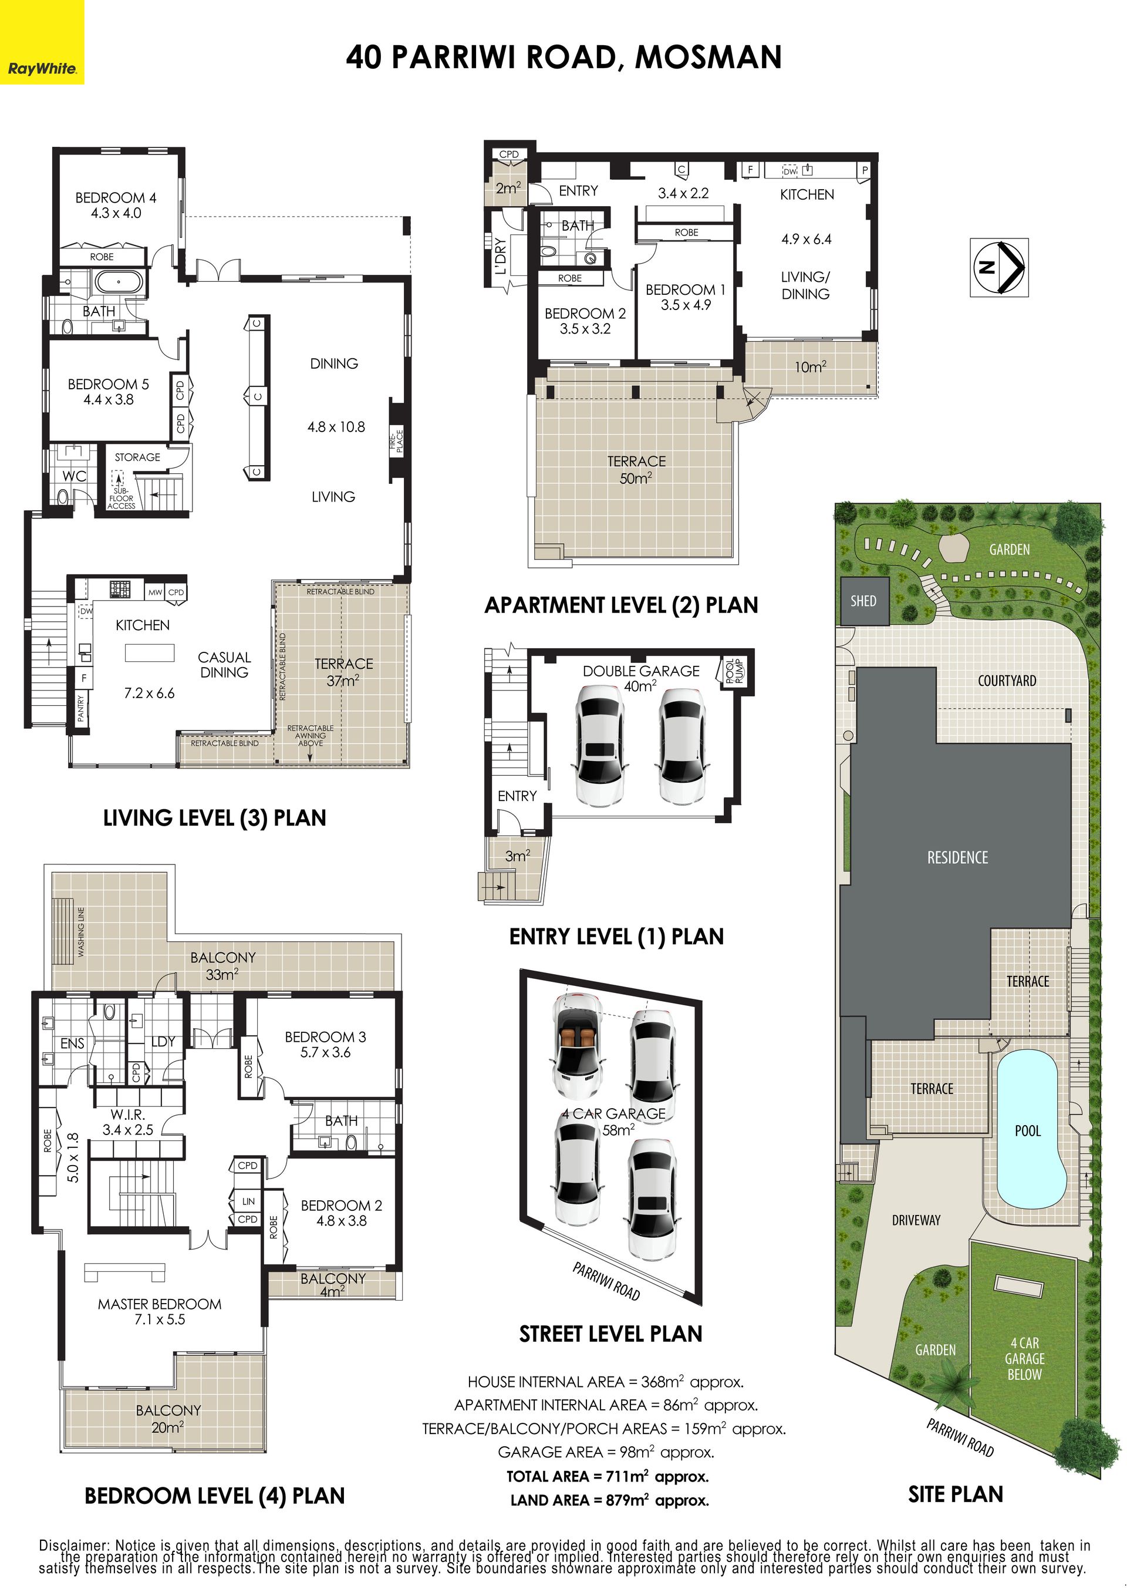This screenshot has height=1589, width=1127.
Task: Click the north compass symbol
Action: (998, 267)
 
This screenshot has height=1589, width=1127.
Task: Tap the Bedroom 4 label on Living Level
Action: (116, 206)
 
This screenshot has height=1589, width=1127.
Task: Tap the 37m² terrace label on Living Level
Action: (343, 672)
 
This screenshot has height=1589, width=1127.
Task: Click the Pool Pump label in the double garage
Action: (734, 671)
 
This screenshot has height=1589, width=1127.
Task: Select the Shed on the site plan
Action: (863, 601)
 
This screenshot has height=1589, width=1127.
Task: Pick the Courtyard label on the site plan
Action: (1007, 681)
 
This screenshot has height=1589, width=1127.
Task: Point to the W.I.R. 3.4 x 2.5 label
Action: (128, 1122)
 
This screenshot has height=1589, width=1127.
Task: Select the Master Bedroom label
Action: (160, 1311)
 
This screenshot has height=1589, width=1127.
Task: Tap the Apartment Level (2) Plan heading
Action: (621, 605)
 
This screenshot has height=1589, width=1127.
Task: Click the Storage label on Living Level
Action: (137, 457)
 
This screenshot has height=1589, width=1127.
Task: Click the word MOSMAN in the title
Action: (708, 57)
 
